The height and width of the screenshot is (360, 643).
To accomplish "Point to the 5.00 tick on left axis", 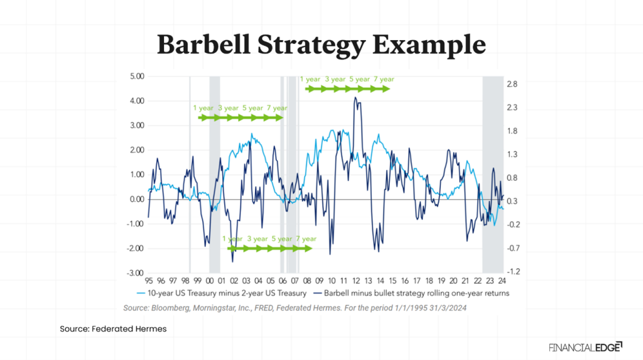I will pyautogui.click(x=136, y=77).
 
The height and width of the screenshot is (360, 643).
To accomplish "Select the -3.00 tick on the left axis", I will pyautogui.click(x=135, y=273).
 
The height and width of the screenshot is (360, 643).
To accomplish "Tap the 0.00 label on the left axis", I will pyautogui.click(x=136, y=199).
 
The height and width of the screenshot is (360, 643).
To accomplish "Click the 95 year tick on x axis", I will pyautogui.click(x=149, y=281).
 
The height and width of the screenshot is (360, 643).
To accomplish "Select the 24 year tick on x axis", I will pyautogui.click(x=502, y=281).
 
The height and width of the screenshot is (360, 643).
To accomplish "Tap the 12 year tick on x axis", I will pyautogui.click(x=356, y=281).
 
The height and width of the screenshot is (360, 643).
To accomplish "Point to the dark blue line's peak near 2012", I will pyautogui.click(x=355, y=97).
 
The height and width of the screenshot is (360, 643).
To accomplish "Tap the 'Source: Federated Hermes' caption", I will pyautogui.click(x=113, y=329).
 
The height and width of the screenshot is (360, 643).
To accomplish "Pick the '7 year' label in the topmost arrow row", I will pyautogui.click(x=384, y=79).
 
